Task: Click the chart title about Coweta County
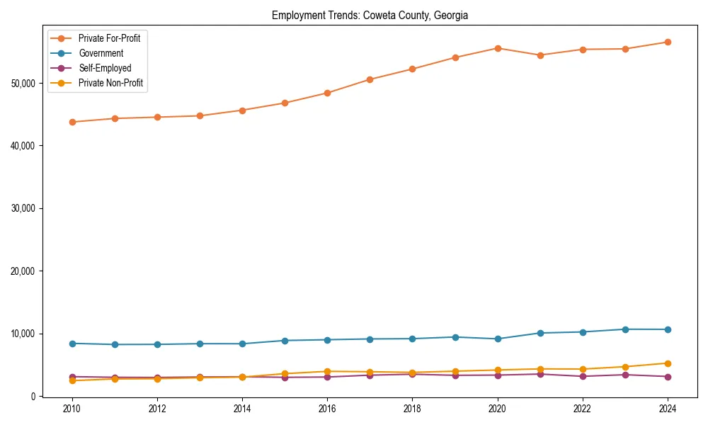[x=370, y=16]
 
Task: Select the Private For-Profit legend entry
[x=109, y=38]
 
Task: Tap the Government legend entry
[x=101, y=53]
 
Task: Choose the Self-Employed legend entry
[x=105, y=68]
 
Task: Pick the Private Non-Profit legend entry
[x=110, y=83]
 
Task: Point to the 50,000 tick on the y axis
[x=23, y=84]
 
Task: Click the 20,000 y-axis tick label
[x=23, y=271]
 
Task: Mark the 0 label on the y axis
[x=32, y=397]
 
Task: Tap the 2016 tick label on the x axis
[x=327, y=409]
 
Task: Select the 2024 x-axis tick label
[x=668, y=409]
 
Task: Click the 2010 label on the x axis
[x=72, y=409]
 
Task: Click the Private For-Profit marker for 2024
[x=668, y=42]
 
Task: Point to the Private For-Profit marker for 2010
[x=72, y=122]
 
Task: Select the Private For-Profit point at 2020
[x=498, y=48]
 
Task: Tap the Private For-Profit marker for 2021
[x=540, y=55]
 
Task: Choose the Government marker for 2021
[x=540, y=333]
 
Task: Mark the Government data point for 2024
[x=668, y=329]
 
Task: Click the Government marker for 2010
[x=72, y=344]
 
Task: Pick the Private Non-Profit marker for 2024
[x=668, y=363]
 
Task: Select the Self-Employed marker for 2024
[x=668, y=377]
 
